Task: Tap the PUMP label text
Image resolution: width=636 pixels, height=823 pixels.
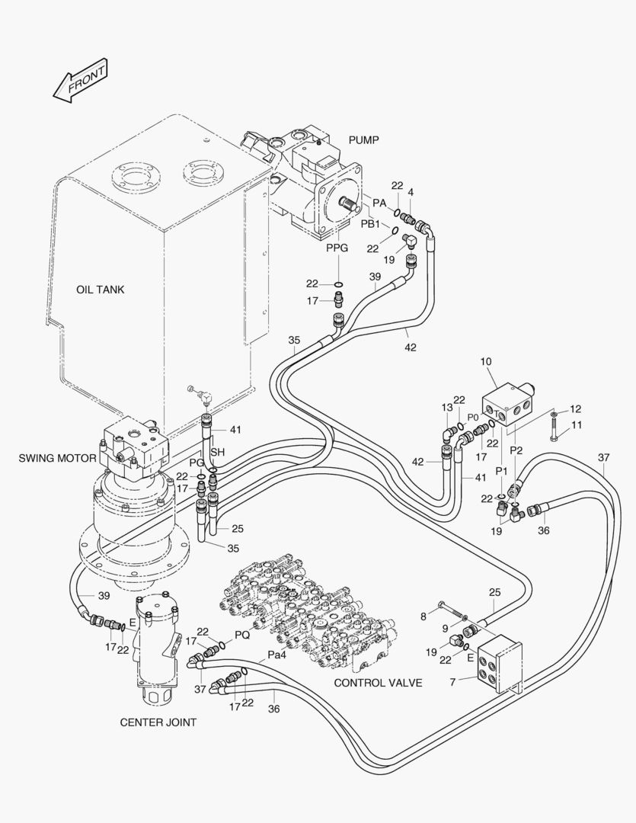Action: [363, 140]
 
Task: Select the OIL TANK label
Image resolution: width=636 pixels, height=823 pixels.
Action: [100, 290]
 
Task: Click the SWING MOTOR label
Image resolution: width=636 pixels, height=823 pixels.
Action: [57, 458]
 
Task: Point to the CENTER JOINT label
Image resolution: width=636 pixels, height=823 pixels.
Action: [158, 722]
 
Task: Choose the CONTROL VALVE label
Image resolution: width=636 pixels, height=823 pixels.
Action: [378, 683]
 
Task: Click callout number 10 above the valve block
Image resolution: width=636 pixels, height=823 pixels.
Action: [486, 361]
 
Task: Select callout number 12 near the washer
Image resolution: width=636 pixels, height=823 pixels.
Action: [575, 409]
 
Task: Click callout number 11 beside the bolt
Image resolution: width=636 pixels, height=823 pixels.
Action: [576, 424]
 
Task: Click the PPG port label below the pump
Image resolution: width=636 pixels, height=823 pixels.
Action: [337, 248]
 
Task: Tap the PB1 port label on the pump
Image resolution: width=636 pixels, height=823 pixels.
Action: [369, 224]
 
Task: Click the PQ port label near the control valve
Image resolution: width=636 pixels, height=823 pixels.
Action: [241, 634]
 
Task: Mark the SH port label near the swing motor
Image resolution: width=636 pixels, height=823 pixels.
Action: [218, 453]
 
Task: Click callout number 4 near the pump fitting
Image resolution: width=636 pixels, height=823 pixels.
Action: [411, 194]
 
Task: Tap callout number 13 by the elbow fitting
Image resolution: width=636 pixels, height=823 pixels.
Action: [446, 408]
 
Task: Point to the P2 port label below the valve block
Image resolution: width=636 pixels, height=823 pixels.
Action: [516, 450]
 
